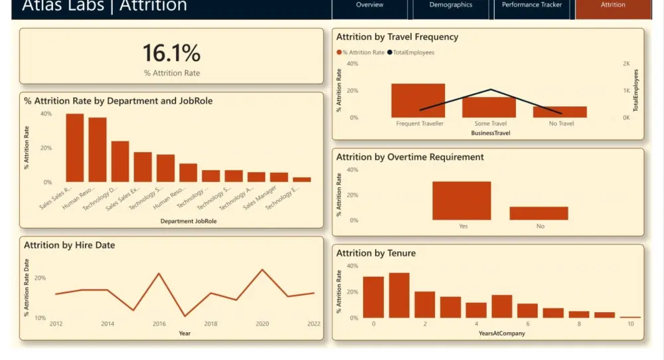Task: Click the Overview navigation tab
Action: point(369,5)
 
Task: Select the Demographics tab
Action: point(451,5)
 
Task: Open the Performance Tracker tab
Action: point(531,5)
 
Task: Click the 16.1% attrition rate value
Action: point(171,53)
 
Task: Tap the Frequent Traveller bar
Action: point(418,100)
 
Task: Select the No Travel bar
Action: point(560,112)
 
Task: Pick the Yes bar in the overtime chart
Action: point(461,201)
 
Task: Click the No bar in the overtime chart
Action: point(539,213)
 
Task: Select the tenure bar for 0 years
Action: point(373,297)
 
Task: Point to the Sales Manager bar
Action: point(279,177)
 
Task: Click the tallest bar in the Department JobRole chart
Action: point(75,148)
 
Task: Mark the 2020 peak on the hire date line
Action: point(262,270)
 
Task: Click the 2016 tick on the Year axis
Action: point(159,324)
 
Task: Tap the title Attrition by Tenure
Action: point(376,253)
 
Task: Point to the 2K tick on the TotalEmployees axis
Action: point(625,64)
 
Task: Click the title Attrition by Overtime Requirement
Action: point(410,157)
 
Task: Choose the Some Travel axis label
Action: point(490,124)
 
